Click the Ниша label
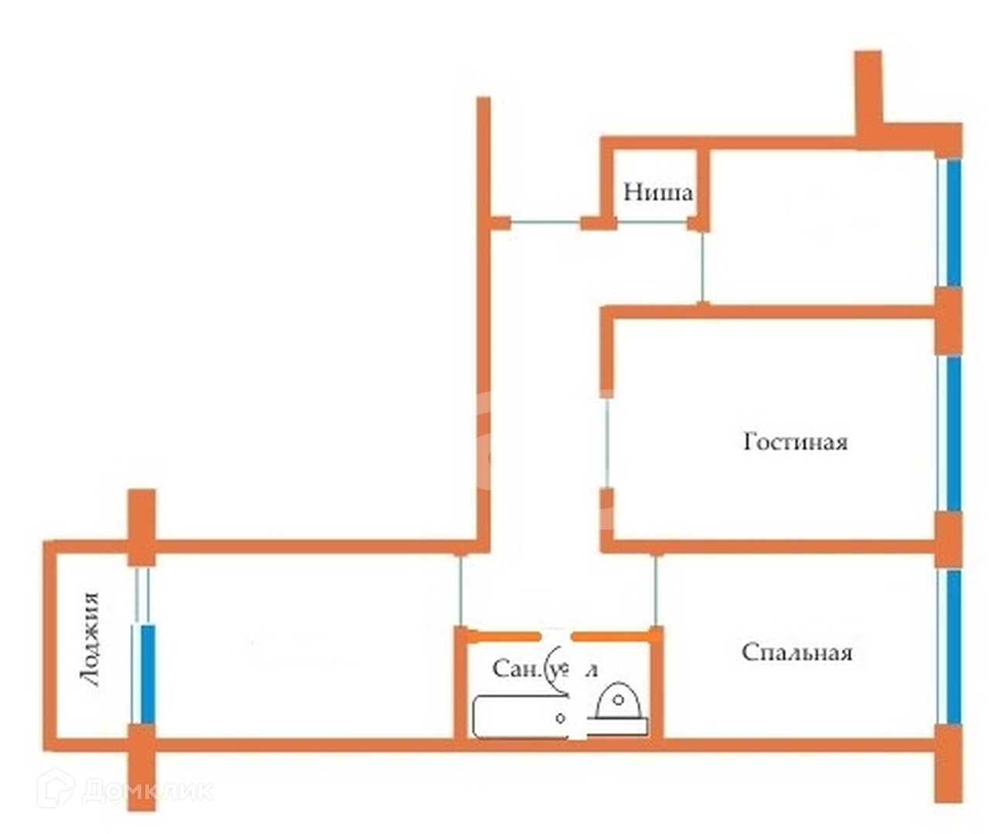tap(657, 192)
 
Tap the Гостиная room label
tap(795, 442)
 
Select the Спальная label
tap(797, 653)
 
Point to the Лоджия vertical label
tap(90, 639)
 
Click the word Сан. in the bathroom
tap(517, 668)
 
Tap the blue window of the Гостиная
tap(953, 433)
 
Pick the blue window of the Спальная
tap(953, 646)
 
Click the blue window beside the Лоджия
tap(148, 673)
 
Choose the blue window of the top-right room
tap(953, 222)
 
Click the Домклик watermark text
tap(147, 790)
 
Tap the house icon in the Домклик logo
tap(55, 788)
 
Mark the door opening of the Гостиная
tap(607, 441)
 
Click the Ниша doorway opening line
tap(653, 222)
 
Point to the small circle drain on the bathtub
tap(561, 717)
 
